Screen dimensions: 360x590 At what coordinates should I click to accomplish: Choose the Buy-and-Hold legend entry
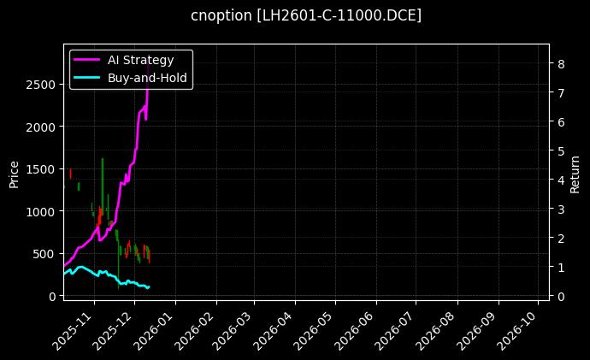click(x=144, y=78)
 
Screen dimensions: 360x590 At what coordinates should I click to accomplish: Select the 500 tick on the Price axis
click(x=44, y=254)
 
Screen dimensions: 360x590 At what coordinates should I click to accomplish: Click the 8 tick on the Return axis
click(x=558, y=64)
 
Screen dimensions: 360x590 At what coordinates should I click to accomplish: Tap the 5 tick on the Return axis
click(x=558, y=151)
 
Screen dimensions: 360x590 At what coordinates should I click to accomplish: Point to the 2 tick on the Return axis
click(x=558, y=239)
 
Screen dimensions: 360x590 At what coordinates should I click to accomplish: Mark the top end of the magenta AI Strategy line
click(x=149, y=65)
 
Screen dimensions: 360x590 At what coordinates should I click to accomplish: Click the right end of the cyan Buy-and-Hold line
click(x=149, y=287)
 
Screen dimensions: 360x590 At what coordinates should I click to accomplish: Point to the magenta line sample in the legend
click(x=86, y=60)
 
